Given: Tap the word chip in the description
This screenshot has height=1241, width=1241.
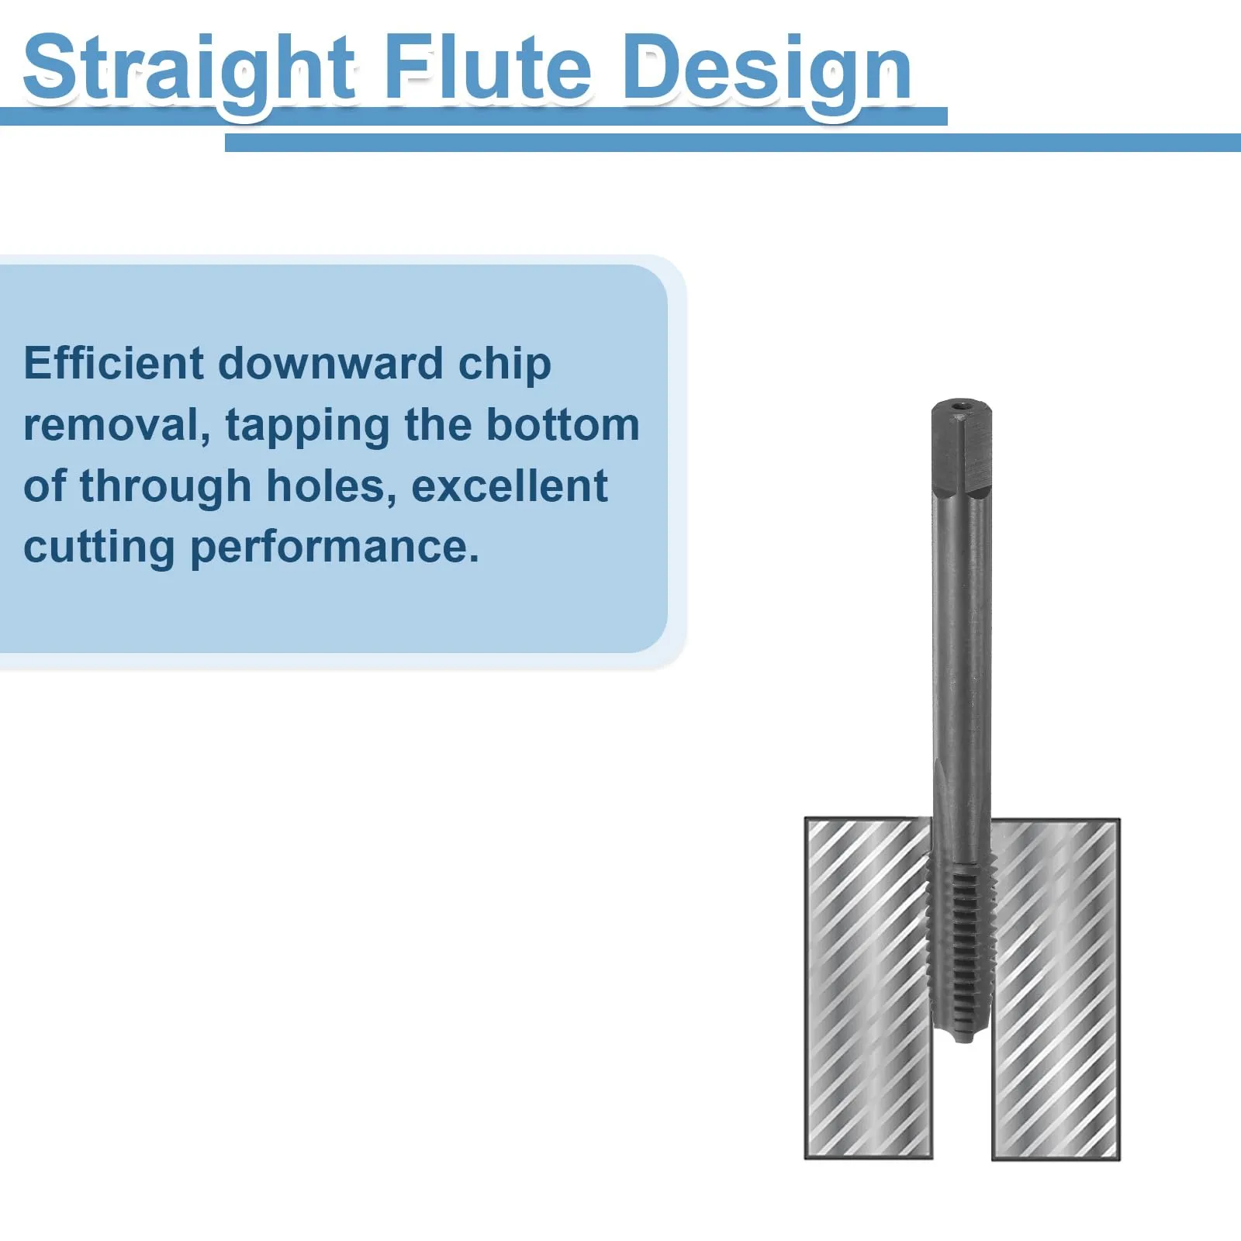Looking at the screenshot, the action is [x=504, y=366].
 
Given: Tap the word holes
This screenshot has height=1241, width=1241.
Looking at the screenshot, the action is [x=331, y=487].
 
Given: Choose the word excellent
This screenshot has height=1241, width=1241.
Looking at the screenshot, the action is [x=509, y=486].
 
